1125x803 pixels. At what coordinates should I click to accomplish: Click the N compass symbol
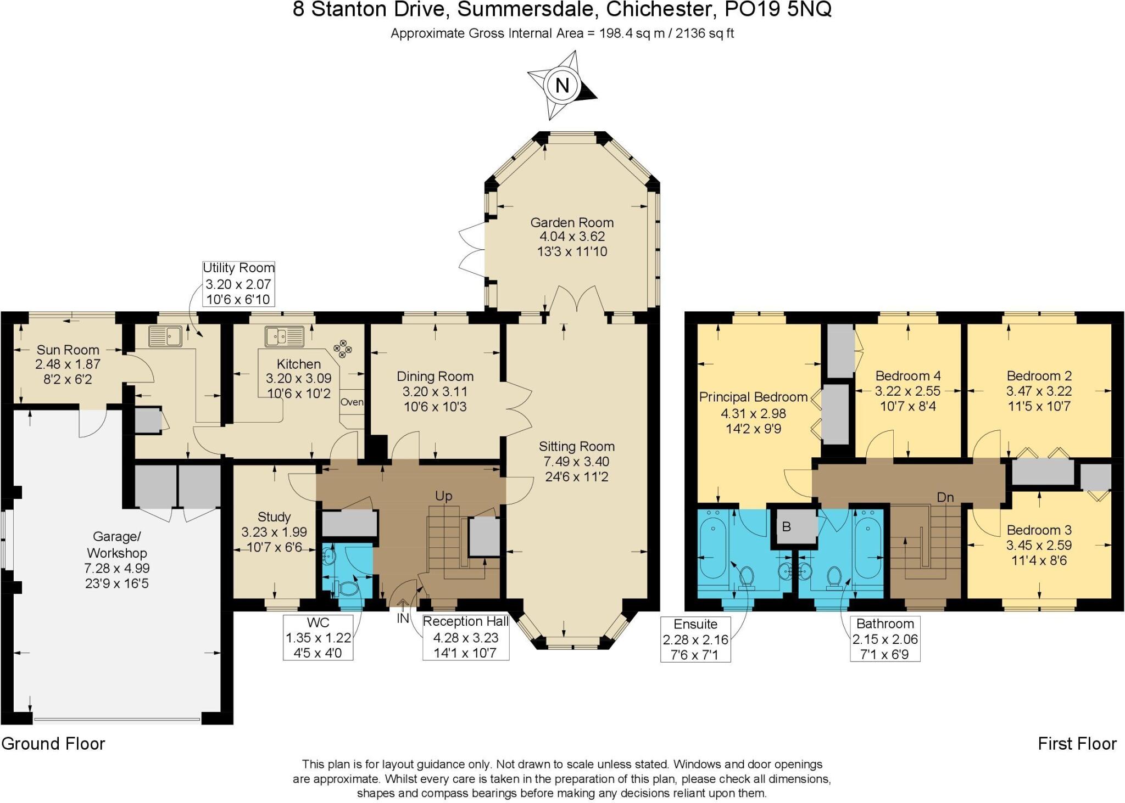click(x=561, y=86)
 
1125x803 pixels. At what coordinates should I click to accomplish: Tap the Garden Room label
click(x=571, y=222)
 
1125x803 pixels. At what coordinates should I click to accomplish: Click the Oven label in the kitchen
click(x=352, y=402)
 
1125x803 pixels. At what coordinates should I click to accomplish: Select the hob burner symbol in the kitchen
click(x=342, y=349)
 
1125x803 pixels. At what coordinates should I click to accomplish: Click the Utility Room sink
click(x=165, y=336)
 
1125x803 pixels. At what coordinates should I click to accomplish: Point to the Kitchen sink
click(x=284, y=336)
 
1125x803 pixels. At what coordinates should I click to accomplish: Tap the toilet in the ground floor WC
click(x=348, y=588)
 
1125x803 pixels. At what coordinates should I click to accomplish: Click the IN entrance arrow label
click(x=403, y=618)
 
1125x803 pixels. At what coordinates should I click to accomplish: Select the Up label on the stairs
click(x=443, y=496)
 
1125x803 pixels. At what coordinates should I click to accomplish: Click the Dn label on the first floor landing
click(x=945, y=497)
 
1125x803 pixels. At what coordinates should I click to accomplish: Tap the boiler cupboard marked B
click(x=787, y=527)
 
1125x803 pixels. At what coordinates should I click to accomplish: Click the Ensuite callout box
click(x=695, y=639)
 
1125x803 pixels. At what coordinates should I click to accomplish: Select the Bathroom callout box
click(x=885, y=639)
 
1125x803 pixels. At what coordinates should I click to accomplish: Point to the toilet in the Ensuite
click(x=746, y=577)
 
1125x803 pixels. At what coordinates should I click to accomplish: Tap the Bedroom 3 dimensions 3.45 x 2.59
click(x=1039, y=545)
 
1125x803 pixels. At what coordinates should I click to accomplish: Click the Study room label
click(x=274, y=516)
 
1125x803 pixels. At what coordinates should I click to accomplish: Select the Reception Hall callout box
click(x=465, y=637)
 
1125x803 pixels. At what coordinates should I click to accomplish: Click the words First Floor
click(x=1077, y=744)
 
